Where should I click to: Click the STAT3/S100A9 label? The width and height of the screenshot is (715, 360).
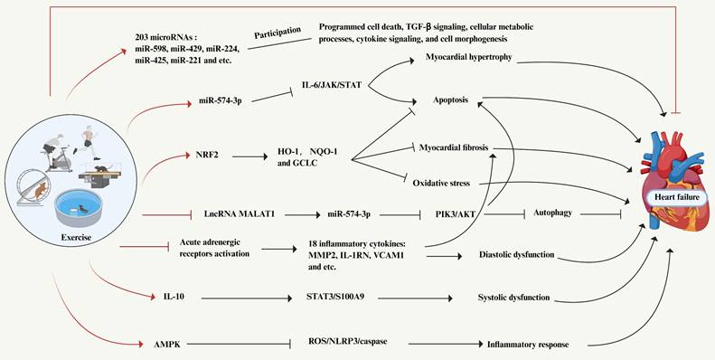(x=341, y=298)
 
